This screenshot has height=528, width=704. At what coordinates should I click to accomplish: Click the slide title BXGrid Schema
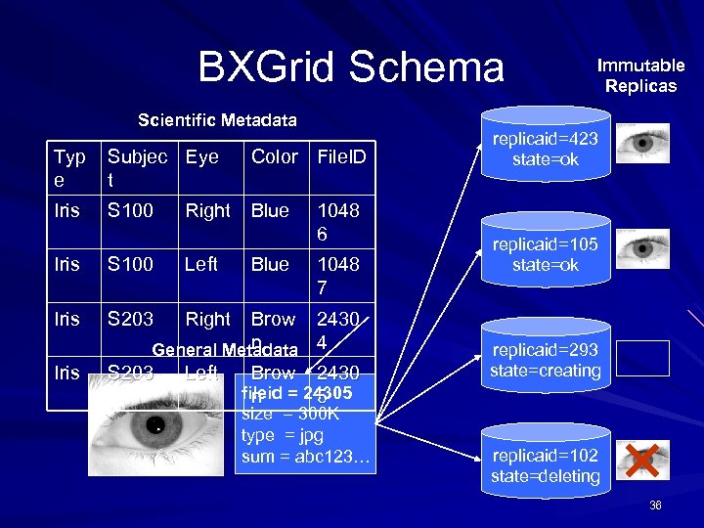point(351,67)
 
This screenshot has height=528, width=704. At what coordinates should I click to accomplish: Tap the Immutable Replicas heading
point(641,75)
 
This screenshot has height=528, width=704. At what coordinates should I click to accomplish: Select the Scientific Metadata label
point(217,120)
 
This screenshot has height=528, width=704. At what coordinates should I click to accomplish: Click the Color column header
point(274,156)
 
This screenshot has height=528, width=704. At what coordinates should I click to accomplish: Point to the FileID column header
point(339,156)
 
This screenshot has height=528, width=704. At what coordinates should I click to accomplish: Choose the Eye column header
point(201,156)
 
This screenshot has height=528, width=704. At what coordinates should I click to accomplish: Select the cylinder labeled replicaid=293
point(545,360)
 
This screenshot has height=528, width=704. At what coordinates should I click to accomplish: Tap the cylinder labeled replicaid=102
point(545,465)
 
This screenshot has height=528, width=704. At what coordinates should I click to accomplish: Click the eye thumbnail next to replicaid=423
point(643,143)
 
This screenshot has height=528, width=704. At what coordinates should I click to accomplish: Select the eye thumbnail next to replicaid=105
point(643,248)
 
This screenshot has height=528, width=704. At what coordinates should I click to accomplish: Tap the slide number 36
point(654,505)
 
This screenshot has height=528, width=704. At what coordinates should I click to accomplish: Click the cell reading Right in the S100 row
point(207,211)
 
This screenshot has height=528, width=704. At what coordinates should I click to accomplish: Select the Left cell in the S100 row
point(200,265)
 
